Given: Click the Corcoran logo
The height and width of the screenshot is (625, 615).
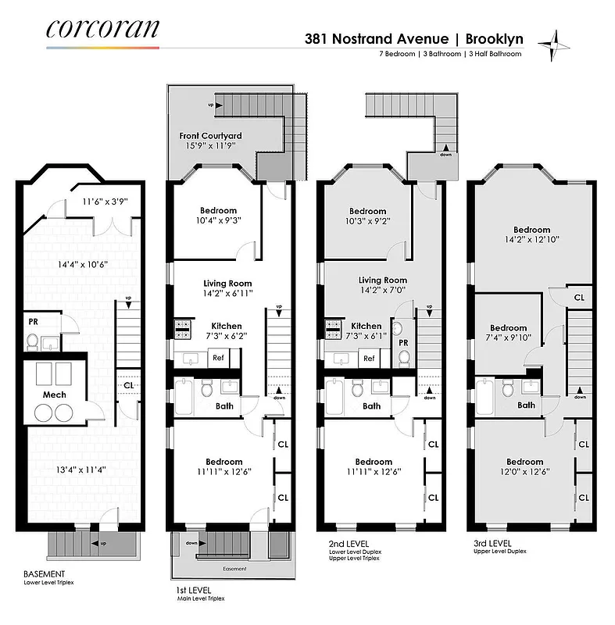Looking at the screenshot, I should [102, 29].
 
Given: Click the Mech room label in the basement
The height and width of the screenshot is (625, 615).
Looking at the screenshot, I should [55, 395].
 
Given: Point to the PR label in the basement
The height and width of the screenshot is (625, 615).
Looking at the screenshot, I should [34, 321].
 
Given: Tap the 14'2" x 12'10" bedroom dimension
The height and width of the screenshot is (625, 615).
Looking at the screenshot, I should [532, 240].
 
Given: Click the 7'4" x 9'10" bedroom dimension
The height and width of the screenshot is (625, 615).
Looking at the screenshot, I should [508, 337].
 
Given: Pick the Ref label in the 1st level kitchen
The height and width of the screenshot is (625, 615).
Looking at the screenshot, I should [218, 358].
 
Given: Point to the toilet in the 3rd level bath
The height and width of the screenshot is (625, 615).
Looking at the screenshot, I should [507, 387].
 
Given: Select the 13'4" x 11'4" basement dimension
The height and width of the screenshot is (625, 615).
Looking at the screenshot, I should [59, 470].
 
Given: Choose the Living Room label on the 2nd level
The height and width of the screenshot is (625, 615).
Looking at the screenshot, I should [383, 280].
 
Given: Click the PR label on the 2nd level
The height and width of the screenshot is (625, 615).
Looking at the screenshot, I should [403, 342].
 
